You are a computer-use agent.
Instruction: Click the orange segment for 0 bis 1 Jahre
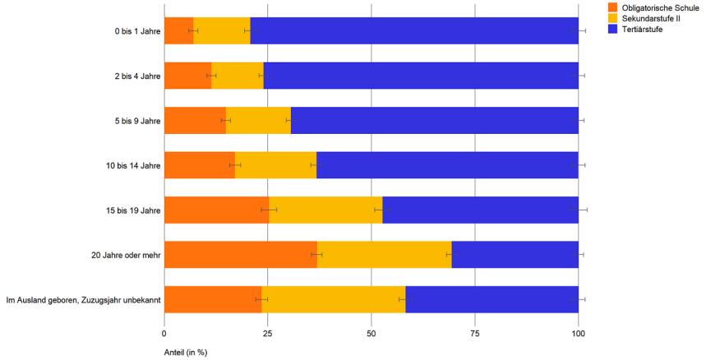pyautogui.click(x=178, y=31)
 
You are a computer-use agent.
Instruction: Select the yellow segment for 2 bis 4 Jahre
pyautogui.click(x=238, y=76)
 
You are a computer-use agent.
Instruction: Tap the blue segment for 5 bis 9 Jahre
pyautogui.click(x=434, y=120)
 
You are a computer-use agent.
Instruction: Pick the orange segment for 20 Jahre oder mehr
pyautogui.click(x=240, y=255)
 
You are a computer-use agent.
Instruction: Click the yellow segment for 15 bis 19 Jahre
pyautogui.click(x=325, y=210)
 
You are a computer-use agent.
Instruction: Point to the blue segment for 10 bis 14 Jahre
pyautogui.click(x=447, y=165)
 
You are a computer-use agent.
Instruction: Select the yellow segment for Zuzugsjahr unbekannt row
pyautogui.click(x=333, y=299)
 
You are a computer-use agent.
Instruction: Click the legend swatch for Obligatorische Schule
pyautogui.click(x=612, y=7)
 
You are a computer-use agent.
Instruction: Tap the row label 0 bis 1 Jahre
pyautogui.click(x=137, y=31)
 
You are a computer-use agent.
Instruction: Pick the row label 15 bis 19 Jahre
pyautogui.click(x=133, y=210)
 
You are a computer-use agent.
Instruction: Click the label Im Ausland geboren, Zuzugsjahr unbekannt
pyautogui.click(x=83, y=299)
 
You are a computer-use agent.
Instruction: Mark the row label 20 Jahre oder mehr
pyautogui.click(x=126, y=255)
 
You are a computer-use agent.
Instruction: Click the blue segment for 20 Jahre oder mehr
pyautogui.click(x=515, y=255)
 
